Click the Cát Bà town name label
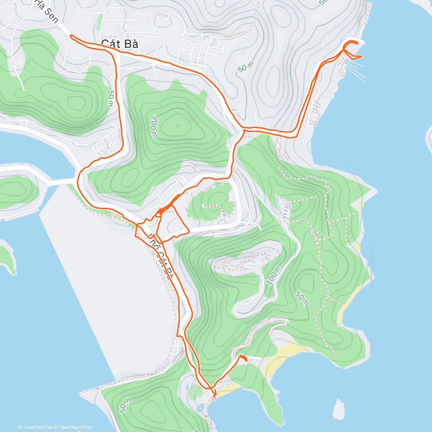coord(120,44)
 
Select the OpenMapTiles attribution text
coord(35,427)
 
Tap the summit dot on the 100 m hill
coord(178,126)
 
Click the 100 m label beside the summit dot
coord(154,127)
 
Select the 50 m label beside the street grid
coord(246,67)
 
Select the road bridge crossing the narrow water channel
coord(58,182)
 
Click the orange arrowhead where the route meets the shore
coord(215,395)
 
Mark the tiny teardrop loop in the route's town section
coord(159,213)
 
